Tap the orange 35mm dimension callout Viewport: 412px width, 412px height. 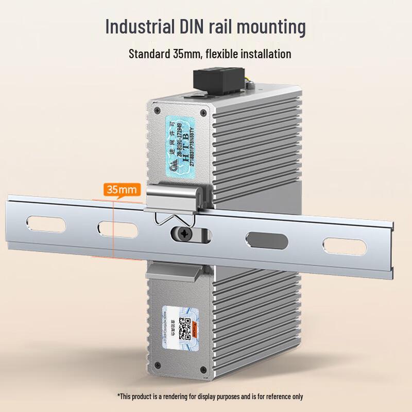(122, 190)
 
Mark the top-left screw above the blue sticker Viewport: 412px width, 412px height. (156, 110)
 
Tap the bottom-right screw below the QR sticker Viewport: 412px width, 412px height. (205, 366)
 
